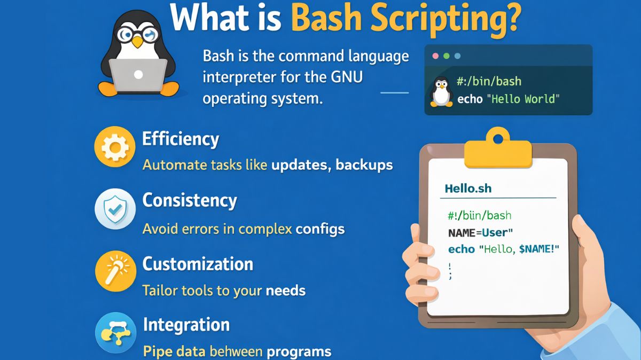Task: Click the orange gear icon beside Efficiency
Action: click(115, 147)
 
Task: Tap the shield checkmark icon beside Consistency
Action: click(115, 209)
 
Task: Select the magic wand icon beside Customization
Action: click(115, 271)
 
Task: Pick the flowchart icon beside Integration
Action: click(115, 333)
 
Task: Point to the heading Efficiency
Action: click(181, 139)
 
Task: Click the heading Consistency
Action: click(190, 200)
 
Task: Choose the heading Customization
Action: click(198, 264)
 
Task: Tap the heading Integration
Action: click(186, 325)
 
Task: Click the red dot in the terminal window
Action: click(435, 56)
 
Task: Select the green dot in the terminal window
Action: click(447, 56)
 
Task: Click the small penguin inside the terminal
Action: click(441, 91)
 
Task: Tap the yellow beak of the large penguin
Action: click(137, 42)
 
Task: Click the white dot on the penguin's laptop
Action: click(138, 75)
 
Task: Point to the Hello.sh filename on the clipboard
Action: click(468, 189)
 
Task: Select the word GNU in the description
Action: click(347, 77)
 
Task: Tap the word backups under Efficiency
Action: click(364, 165)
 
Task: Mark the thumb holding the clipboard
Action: click(416, 234)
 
